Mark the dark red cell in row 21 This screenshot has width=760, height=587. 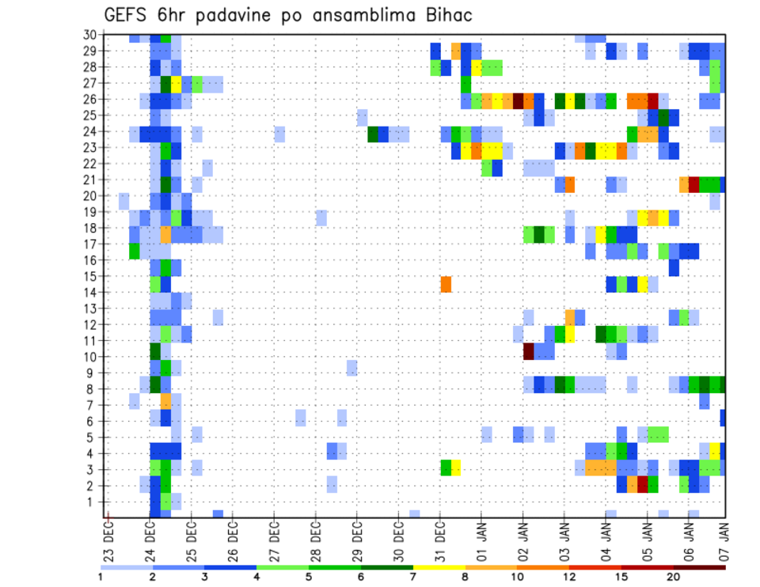[x=693, y=184]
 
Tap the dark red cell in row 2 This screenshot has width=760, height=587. [x=642, y=484]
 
